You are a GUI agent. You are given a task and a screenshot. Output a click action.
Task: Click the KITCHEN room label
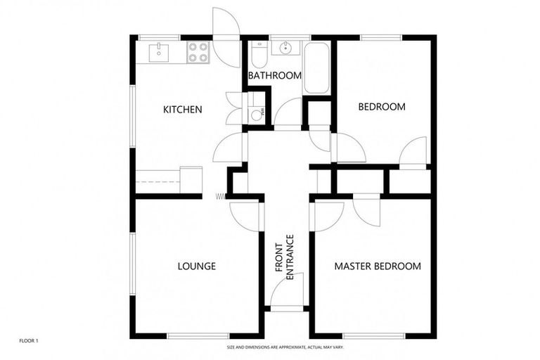(x=183, y=109)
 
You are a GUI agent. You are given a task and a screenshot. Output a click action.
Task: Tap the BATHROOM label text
(x=275, y=75)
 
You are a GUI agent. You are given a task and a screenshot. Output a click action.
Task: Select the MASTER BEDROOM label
(x=378, y=266)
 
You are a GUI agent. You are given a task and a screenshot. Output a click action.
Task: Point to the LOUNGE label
(x=196, y=266)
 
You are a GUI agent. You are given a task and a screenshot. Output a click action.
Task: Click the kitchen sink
(x=160, y=51)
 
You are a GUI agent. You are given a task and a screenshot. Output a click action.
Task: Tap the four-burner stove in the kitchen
(x=198, y=51)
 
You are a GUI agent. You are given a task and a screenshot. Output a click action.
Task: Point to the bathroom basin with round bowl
(x=286, y=49)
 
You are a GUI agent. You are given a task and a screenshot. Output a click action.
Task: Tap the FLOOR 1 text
(x=29, y=341)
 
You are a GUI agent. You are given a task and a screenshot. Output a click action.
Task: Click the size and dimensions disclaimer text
(x=285, y=347)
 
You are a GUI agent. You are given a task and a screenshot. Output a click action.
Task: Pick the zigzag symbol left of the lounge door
(x=220, y=196)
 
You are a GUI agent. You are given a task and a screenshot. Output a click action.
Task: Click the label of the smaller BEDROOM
(x=382, y=107)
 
